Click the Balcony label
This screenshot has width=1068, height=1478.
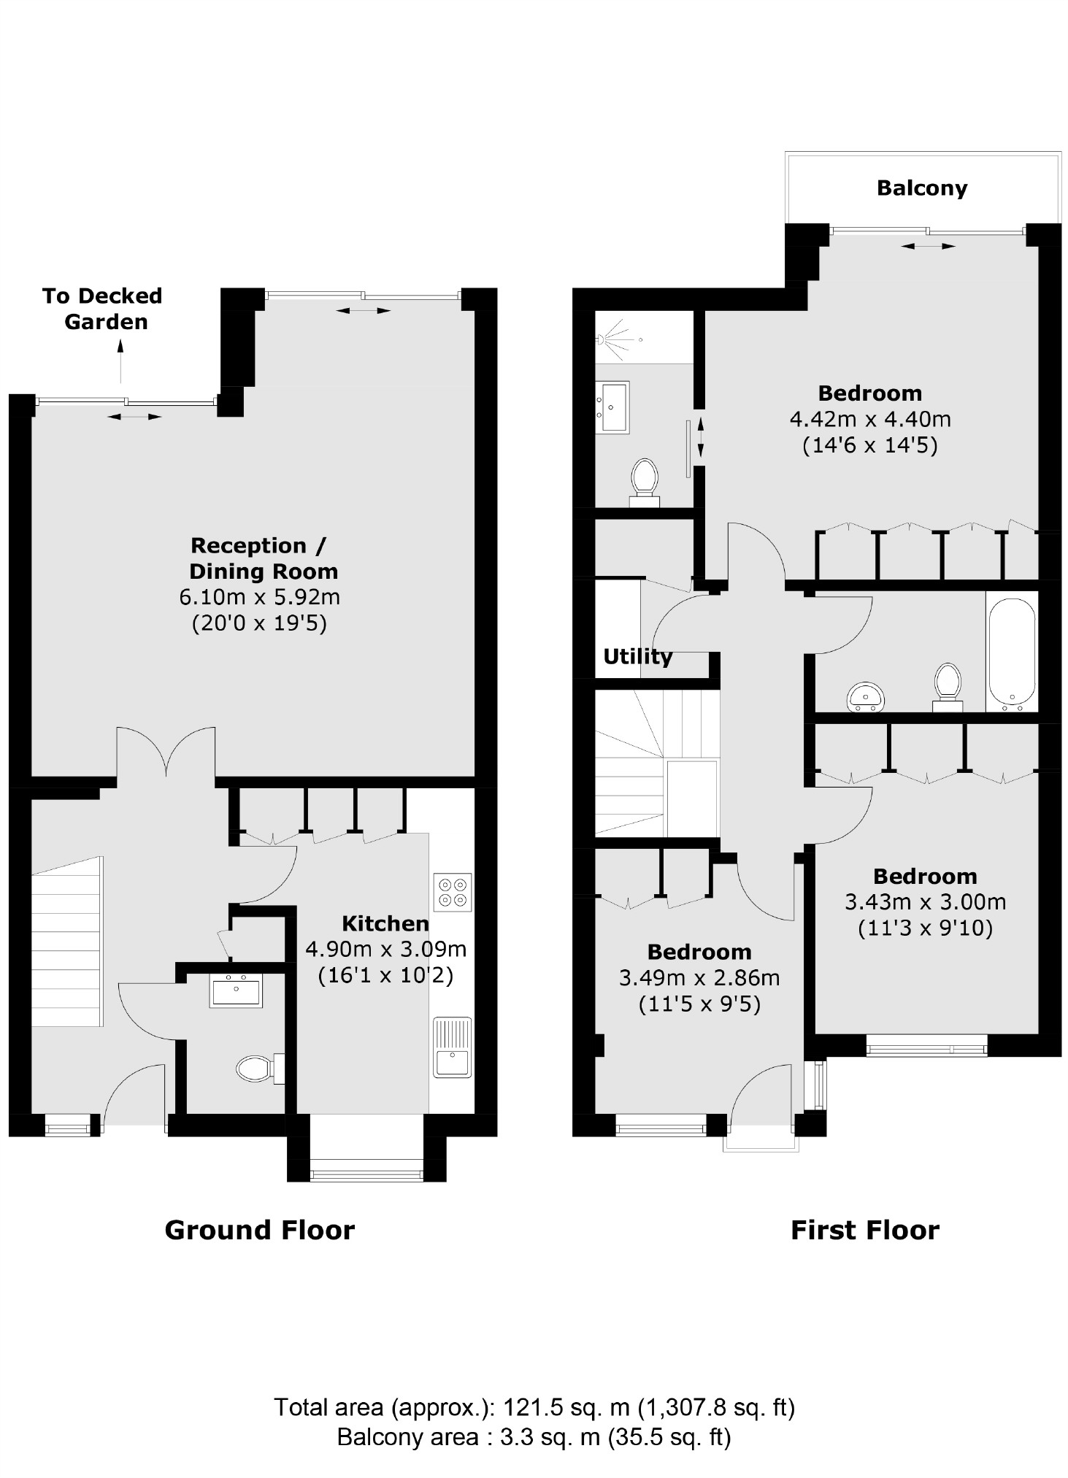tap(921, 188)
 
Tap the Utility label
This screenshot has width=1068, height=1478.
tap(637, 656)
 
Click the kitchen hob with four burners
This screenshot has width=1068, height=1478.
tap(453, 892)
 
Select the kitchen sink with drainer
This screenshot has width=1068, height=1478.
tap(453, 1047)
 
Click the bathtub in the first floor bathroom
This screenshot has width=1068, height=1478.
tap(1012, 653)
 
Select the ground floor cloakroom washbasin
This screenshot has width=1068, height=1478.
tap(236, 990)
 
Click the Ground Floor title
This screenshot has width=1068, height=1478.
tap(259, 1230)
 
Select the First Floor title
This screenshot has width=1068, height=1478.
tap(864, 1230)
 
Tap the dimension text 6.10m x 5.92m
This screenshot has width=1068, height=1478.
tap(259, 597)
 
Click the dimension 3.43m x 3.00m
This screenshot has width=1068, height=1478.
tap(925, 902)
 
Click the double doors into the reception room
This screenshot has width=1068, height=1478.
tap(166, 752)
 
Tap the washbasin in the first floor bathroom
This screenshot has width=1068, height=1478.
tap(866, 696)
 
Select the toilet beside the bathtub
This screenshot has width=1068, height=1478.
tap(948, 685)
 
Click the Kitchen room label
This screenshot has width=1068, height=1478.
tap(385, 923)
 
